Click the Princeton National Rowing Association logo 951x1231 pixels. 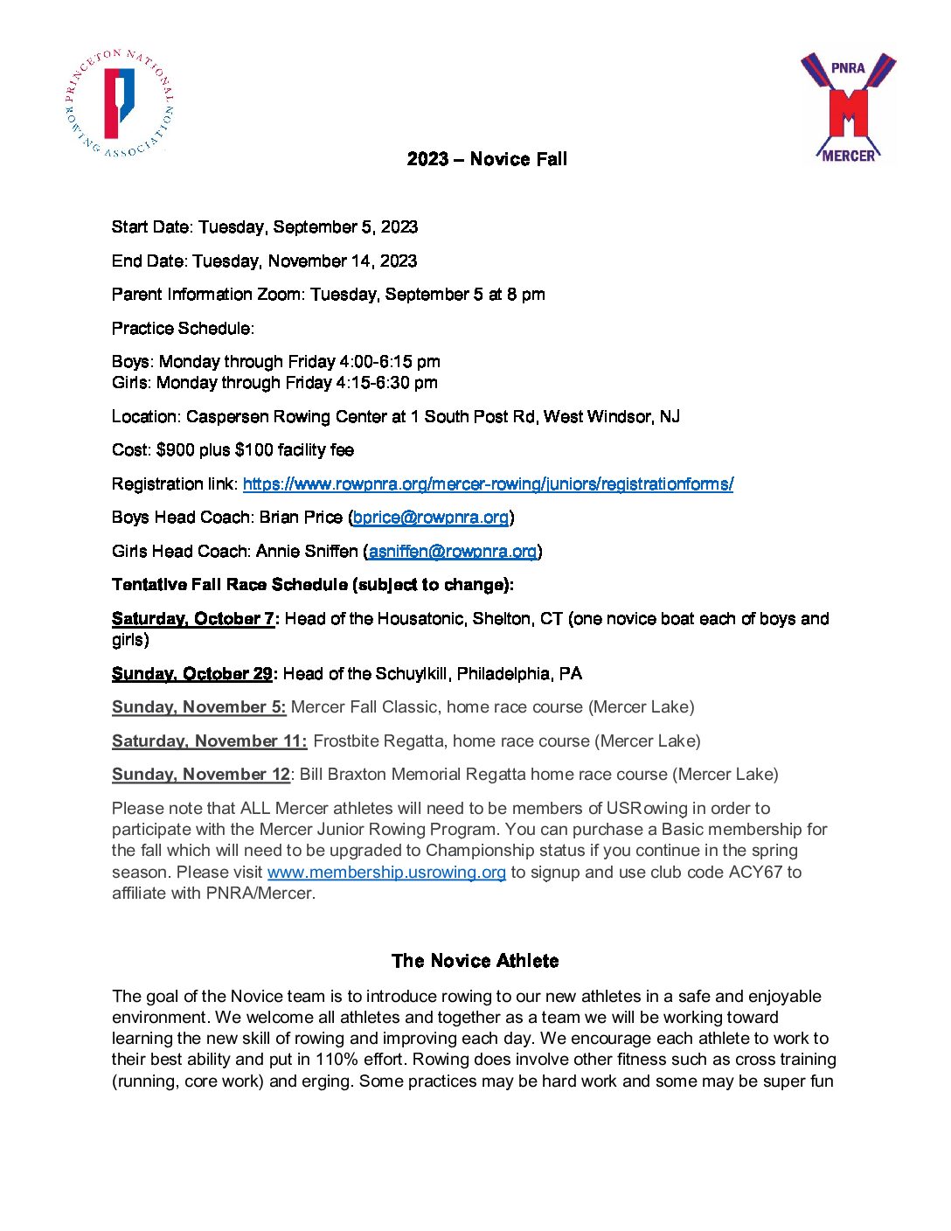[x=120, y=103]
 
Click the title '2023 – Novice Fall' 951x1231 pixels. [x=487, y=159]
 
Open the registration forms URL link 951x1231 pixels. [x=488, y=484]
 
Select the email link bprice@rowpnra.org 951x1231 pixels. [x=431, y=518]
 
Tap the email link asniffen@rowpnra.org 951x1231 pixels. [x=453, y=552]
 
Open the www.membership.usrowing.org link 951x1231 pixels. [x=386, y=873]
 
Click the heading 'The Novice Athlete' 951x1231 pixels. [x=475, y=961]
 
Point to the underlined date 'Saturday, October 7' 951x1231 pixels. [x=193, y=619]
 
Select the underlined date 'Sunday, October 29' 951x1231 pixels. [x=192, y=674]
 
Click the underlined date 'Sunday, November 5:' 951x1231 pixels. [x=199, y=707]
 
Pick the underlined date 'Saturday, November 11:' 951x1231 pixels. [x=210, y=741]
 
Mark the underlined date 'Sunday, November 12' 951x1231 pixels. [x=201, y=775]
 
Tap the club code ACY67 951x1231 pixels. [x=755, y=873]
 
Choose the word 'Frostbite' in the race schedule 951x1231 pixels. [x=346, y=741]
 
